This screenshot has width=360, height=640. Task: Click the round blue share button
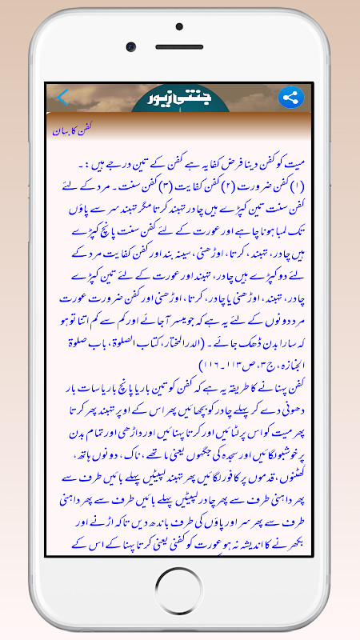(x=290, y=98)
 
